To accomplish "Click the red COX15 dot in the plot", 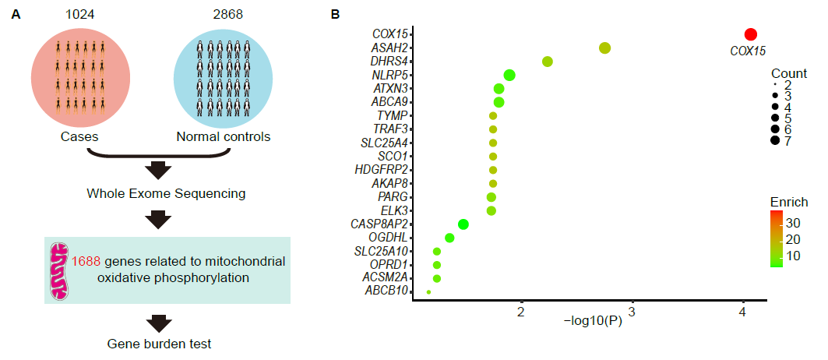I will tap(750, 34).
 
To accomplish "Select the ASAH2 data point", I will tap(604, 48).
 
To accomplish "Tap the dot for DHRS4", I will tap(548, 62).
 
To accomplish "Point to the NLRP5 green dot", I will tap(509, 75).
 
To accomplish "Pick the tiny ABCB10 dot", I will tap(428, 292).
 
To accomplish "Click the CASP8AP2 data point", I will tap(463, 224).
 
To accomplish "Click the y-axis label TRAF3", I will tap(392, 129).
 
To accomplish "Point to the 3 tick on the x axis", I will tap(632, 312).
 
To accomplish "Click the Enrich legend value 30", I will tap(795, 223).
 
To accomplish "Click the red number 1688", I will tap(86, 262).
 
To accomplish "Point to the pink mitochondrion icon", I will tap(60, 271).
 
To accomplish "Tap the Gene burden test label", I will tap(159, 343).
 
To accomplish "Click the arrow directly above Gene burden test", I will tap(159, 321).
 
